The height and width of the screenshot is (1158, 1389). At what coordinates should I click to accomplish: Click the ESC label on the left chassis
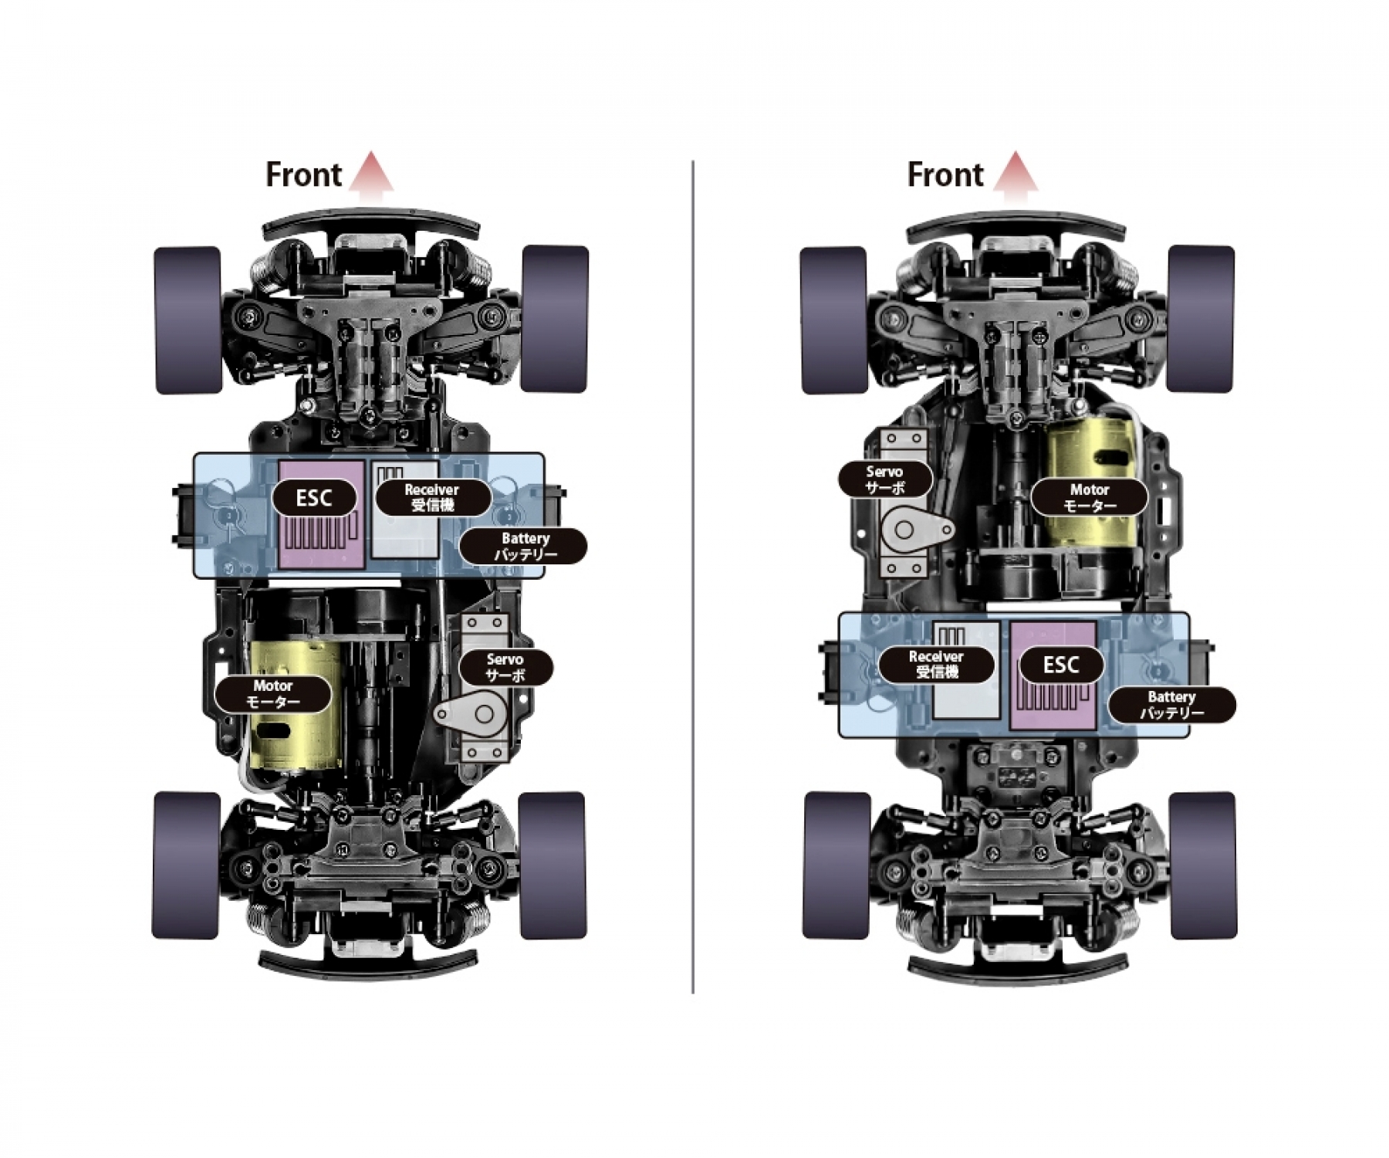point(315,498)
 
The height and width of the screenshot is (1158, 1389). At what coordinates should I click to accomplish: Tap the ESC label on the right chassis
point(1061,665)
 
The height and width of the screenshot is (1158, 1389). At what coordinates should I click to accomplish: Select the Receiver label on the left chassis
point(432,497)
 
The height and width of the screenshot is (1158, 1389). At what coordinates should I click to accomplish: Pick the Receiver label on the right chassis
point(937,664)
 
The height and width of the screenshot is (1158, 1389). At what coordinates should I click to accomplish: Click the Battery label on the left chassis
point(525,547)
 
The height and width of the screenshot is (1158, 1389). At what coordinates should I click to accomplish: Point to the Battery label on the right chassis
point(1171,705)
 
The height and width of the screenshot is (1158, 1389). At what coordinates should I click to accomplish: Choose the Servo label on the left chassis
point(505,668)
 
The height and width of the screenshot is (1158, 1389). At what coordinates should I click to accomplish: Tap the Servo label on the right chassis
point(885,479)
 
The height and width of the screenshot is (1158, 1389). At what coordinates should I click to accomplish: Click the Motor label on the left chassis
point(273,693)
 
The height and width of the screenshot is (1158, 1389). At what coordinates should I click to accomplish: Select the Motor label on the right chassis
point(1090,497)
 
